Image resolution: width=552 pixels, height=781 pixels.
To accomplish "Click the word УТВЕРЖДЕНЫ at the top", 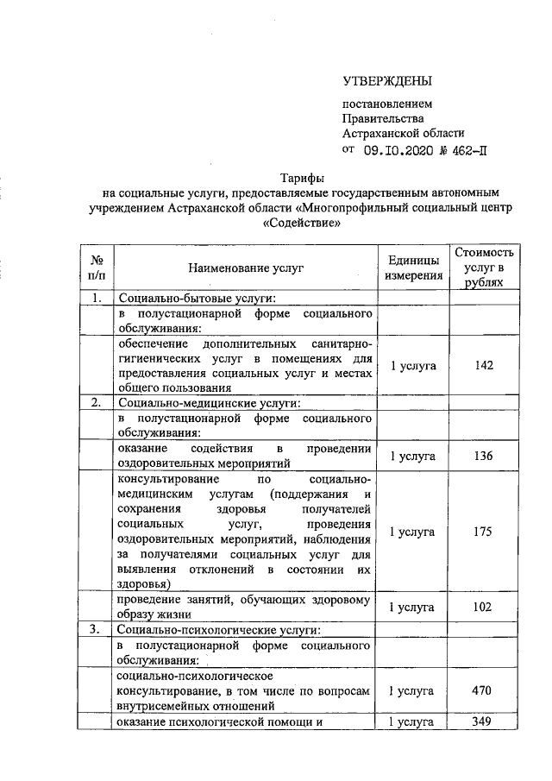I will click(x=386, y=82).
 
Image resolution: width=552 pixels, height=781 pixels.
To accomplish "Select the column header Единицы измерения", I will click(x=413, y=269).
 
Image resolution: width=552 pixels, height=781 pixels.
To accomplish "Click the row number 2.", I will click(x=97, y=401).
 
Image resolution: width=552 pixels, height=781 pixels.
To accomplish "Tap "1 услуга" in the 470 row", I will click(x=413, y=690).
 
